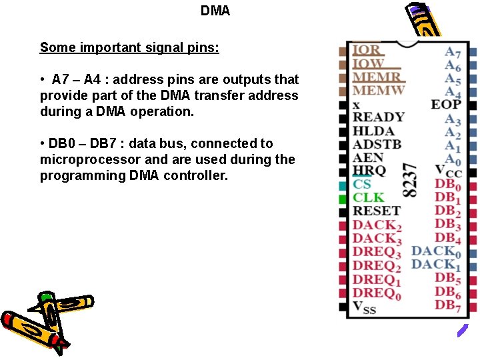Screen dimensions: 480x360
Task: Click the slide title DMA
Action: point(215,11)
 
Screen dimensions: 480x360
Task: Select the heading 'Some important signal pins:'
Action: point(129,47)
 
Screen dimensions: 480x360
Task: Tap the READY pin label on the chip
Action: point(378,117)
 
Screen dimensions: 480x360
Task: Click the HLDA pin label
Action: point(373,131)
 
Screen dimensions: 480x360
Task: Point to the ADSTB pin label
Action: point(377,144)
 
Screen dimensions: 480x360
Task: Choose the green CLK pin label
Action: point(368,197)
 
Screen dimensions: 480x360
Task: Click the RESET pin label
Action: point(376,211)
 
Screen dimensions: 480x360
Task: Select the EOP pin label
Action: point(446,104)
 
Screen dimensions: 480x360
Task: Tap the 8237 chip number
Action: point(412,180)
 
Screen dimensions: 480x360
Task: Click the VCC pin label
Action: point(448,171)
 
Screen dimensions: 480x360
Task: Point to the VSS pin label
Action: point(364,307)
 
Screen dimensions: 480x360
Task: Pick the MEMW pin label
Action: point(379,91)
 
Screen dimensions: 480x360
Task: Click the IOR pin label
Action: point(367,50)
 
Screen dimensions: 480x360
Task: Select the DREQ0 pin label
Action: point(377,293)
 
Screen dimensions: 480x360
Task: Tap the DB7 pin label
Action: point(448,306)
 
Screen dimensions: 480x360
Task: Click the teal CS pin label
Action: point(362,185)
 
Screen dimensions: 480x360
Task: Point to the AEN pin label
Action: point(368,158)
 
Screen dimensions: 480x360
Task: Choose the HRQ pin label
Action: point(369,171)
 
